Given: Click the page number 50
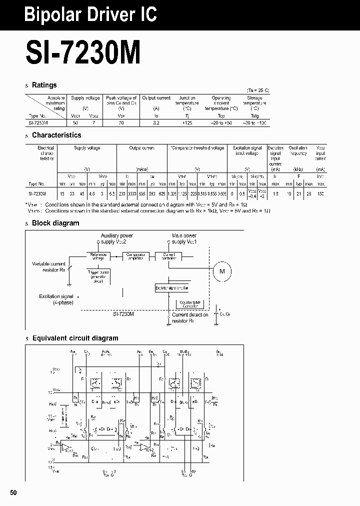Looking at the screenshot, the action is pyautogui.click(x=13, y=492).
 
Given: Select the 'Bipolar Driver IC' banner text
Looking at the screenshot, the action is pyautogui.click(x=90, y=15).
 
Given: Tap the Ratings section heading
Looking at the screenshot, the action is pyautogui.click(x=44, y=85).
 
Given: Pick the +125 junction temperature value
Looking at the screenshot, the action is pyautogui.click(x=187, y=122).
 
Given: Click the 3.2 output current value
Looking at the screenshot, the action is pyautogui.click(x=156, y=122).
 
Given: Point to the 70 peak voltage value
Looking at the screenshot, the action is pyautogui.click(x=121, y=122).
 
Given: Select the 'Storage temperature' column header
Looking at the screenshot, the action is pyautogui.click(x=254, y=103).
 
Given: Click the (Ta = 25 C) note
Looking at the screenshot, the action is pyautogui.click(x=258, y=90).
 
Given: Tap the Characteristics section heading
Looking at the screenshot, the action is pyautogui.click(x=56, y=135).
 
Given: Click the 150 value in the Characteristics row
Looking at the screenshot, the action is pyautogui.click(x=320, y=193).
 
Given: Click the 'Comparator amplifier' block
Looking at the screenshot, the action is pyautogui.click(x=135, y=255).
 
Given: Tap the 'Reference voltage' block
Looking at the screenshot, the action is pyautogui.click(x=98, y=255).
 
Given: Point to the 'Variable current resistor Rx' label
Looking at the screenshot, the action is pyautogui.click(x=49, y=266).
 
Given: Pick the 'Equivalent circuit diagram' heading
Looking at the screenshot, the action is pyautogui.click(x=75, y=338).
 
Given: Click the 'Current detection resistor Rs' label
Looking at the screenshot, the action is pyautogui.click(x=190, y=317).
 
